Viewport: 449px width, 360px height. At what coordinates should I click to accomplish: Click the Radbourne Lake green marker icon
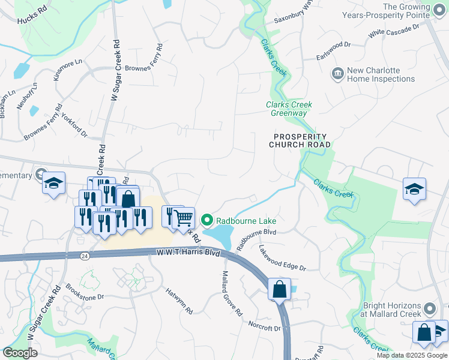(x=207, y=221)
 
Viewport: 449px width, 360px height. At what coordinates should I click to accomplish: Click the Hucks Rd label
(x=32, y=19)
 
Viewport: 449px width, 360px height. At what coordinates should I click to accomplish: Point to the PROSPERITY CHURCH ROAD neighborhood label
(x=300, y=140)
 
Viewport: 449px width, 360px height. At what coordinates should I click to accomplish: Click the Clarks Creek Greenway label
(x=289, y=109)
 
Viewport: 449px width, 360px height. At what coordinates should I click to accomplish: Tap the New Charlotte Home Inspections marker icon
(x=337, y=74)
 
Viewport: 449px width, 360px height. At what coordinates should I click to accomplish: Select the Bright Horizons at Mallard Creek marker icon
(x=429, y=309)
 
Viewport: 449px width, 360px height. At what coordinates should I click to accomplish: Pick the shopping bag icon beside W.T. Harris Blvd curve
(x=279, y=289)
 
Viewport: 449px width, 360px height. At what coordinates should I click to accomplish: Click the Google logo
(x=20, y=353)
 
